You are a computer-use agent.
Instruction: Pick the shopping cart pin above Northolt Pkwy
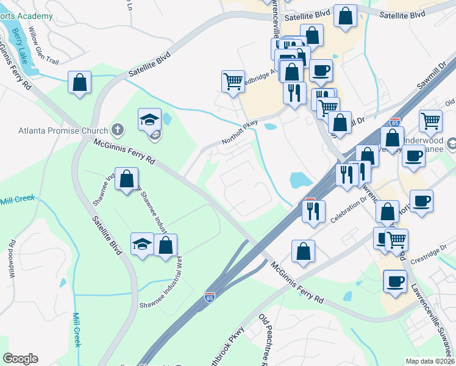233,81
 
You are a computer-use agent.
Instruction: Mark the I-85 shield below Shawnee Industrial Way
209,296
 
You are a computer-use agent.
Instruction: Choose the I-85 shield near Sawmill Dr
395,122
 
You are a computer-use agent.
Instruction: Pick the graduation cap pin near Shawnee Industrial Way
142,244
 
